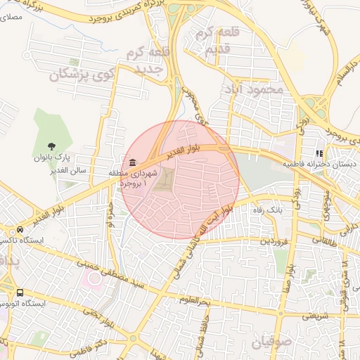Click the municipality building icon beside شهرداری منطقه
pyautogui.click(x=134, y=164)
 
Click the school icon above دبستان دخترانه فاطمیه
pyautogui.click(x=319, y=153)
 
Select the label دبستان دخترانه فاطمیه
pyautogui.click(x=319, y=163)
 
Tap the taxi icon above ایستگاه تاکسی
pyautogui.click(x=20, y=230)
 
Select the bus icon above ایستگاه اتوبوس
pyautogui.click(x=20, y=292)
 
